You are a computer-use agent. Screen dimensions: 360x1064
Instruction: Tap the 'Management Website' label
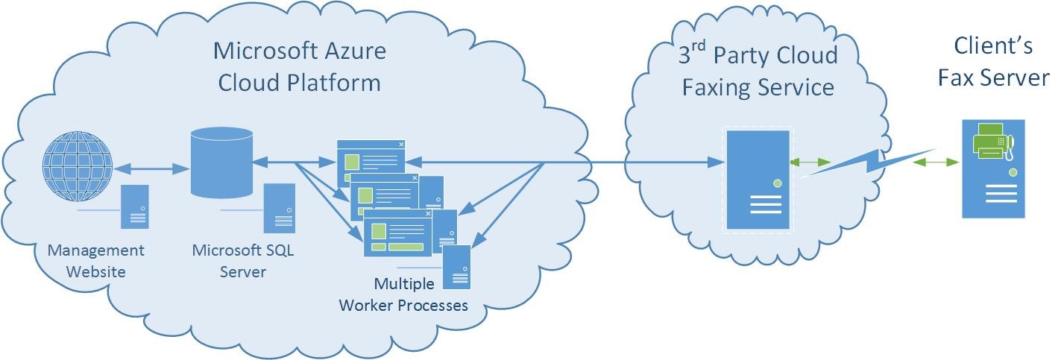coord(96,261)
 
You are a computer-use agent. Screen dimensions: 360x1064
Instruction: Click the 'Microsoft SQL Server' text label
coord(243,261)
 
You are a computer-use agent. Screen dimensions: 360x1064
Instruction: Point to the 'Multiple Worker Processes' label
coord(403,294)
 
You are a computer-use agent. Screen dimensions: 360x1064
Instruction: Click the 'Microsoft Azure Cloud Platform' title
coord(299,66)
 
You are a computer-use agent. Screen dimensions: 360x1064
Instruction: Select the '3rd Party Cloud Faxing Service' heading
coord(758,72)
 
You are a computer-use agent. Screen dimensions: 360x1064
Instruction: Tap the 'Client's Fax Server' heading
coord(993,62)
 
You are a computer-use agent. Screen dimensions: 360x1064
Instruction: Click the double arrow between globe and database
coord(151,168)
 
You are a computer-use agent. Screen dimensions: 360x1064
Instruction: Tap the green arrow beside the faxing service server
coord(813,162)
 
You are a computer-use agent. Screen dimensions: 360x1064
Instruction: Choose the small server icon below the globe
coord(136,206)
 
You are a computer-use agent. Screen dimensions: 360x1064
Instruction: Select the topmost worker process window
coord(371,159)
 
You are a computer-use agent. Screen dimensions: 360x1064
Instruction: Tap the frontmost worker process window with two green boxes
coord(397,233)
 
